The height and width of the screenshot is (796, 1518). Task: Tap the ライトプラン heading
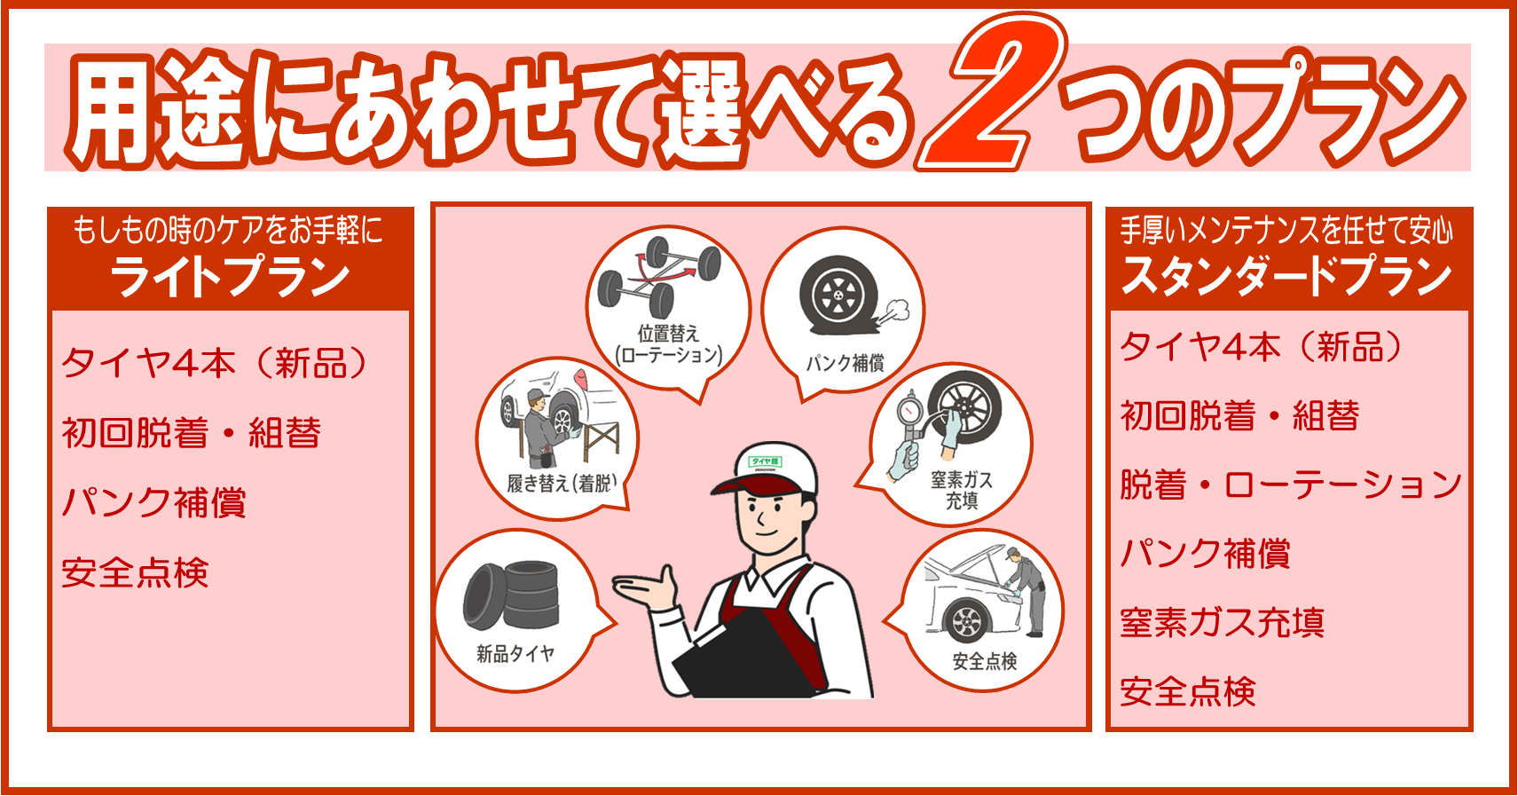click(x=230, y=277)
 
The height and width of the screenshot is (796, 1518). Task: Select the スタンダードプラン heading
click(x=1287, y=275)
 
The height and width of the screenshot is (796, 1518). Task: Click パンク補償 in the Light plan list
click(x=153, y=502)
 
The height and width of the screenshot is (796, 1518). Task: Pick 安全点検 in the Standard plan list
click(x=1188, y=691)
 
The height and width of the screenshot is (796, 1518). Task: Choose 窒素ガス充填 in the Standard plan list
click(x=1222, y=622)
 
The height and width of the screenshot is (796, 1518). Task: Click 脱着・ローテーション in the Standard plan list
click(x=1290, y=485)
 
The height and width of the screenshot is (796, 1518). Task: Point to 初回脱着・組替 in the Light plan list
click(x=191, y=432)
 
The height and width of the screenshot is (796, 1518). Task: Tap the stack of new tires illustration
click(x=512, y=595)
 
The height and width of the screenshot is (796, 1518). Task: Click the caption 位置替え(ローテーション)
click(x=668, y=344)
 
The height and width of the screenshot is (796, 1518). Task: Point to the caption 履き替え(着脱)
click(x=562, y=484)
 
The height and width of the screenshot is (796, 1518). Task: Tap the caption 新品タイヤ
click(x=515, y=654)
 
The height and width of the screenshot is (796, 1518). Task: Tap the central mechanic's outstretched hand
click(x=644, y=587)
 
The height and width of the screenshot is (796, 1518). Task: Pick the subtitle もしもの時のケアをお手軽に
click(x=228, y=230)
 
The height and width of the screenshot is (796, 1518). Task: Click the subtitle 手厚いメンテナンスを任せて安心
click(x=1286, y=230)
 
